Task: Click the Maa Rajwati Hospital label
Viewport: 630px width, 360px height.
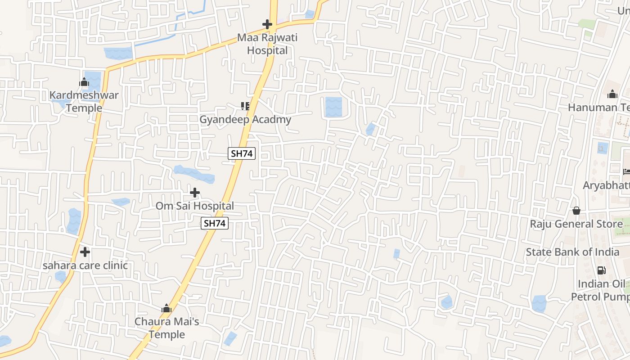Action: [x=267, y=44]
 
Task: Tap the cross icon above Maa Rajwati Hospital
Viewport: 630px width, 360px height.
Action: [x=267, y=24]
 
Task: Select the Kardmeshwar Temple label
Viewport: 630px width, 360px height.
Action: [x=84, y=101]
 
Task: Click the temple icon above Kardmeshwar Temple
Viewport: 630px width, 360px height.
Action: [x=84, y=82]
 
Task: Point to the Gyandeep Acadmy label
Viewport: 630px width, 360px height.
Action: [x=245, y=120]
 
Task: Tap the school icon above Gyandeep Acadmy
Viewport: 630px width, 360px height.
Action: [x=245, y=106]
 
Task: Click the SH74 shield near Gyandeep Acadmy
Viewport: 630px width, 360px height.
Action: [x=242, y=153]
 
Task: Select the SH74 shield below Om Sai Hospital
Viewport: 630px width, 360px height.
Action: [x=215, y=223]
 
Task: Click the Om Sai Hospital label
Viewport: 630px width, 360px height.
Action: [x=195, y=206]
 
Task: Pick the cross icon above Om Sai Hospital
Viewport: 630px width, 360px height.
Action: [x=195, y=193]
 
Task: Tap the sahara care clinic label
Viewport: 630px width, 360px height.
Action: [x=85, y=265]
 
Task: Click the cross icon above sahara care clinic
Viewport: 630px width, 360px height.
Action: [x=85, y=252]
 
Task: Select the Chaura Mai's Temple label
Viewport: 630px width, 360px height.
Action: [x=167, y=328]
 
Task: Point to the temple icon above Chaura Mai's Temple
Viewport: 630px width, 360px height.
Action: [x=166, y=309]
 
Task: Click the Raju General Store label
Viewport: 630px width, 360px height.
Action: [x=570, y=224]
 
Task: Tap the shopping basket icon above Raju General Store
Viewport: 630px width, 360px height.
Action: [x=576, y=211]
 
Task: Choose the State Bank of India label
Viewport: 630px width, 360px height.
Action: [x=572, y=252]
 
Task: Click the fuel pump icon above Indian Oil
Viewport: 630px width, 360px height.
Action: [x=601, y=270]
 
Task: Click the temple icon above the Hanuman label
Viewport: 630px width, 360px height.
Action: [x=612, y=94]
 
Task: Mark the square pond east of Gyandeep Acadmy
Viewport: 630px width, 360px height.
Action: [x=333, y=107]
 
